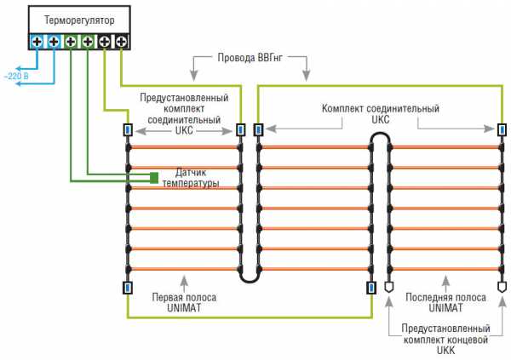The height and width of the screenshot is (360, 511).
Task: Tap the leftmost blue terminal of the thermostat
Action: [x=37, y=40]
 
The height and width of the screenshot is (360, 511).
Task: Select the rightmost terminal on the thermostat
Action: [x=121, y=40]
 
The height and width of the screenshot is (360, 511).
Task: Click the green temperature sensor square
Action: [x=154, y=177]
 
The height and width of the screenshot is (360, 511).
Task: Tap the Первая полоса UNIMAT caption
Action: [x=184, y=303]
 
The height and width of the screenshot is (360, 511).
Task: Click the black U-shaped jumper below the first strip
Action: [x=248, y=275]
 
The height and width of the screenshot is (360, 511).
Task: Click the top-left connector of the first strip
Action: [x=127, y=130]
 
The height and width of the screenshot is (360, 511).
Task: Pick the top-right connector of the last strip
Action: [x=500, y=130]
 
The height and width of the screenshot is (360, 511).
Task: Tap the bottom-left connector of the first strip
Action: [x=127, y=288]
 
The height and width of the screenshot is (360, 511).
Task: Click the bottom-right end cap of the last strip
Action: [x=500, y=288]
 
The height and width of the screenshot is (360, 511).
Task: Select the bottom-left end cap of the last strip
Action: [x=389, y=288]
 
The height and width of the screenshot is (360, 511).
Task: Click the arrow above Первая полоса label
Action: [x=184, y=280]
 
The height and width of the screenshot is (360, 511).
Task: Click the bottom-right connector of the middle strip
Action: [x=371, y=288]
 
